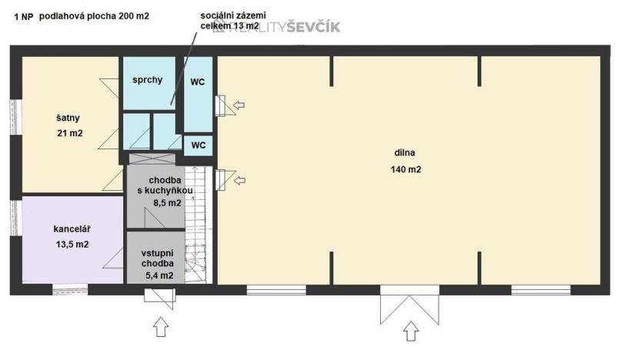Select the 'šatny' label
point(68,118)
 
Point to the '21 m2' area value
point(69,133)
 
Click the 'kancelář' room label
point(71,229)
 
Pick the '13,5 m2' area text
point(71,245)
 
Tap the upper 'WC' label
point(198,81)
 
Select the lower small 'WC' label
point(198,145)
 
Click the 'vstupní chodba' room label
point(156,258)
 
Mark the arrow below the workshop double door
point(411,330)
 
